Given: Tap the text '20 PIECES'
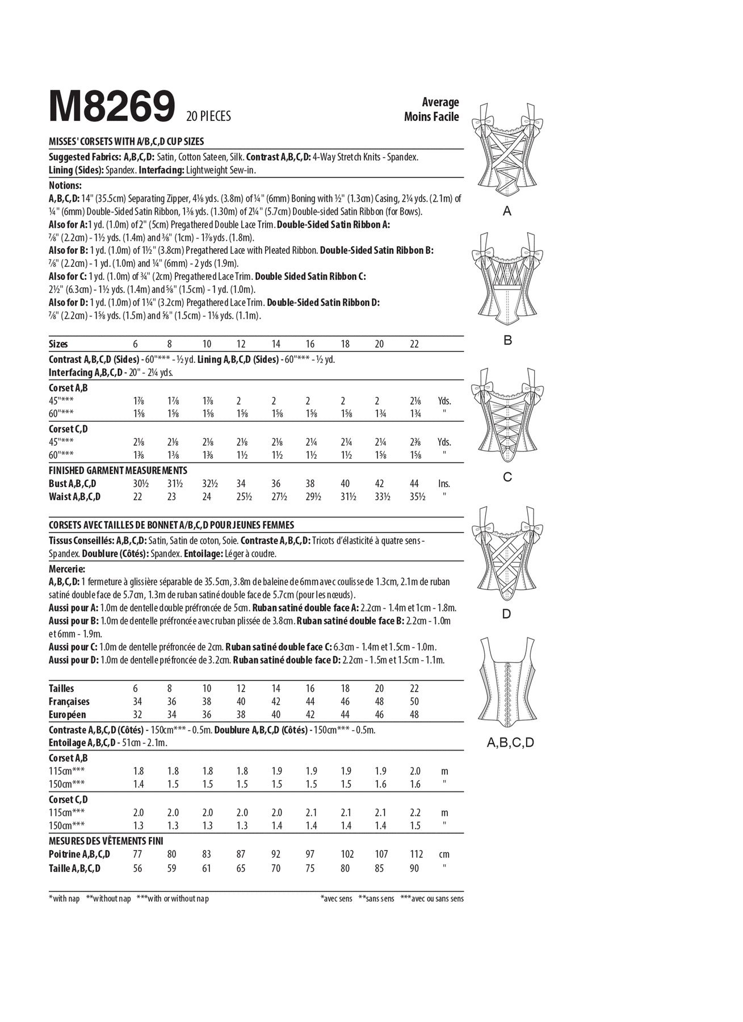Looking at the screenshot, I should (208, 116).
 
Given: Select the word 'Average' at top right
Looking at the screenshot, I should (440, 102).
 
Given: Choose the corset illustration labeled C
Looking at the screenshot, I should (507, 416).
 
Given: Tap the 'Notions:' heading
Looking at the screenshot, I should (65, 185).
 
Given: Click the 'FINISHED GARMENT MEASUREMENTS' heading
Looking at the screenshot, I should (118, 471).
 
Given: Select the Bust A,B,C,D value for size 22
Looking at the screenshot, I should (414, 484).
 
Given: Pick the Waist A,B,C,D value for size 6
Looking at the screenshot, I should (137, 497).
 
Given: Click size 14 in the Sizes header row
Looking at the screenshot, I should (276, 344).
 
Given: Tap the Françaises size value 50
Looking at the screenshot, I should (414, 702).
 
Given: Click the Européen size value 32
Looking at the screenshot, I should (137, 715).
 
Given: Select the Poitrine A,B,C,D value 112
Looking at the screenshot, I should (416, 855).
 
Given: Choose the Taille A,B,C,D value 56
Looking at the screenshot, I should (137, 868).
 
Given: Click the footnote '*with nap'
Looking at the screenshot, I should (65, 899).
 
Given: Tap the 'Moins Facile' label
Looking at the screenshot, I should (431, 116).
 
